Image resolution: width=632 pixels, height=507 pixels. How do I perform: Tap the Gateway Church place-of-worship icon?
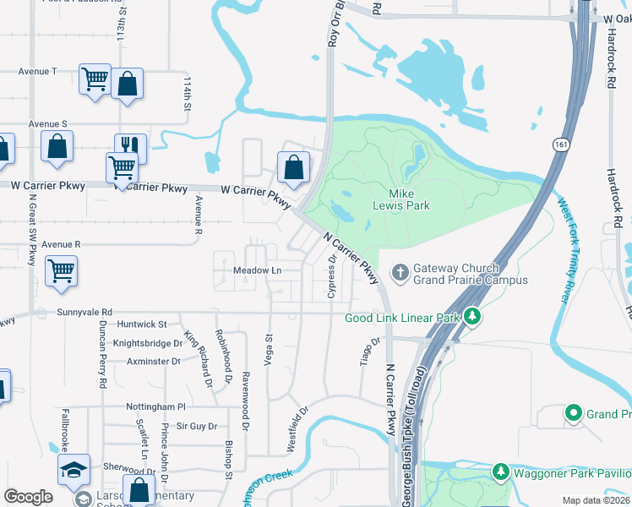pos(400,272)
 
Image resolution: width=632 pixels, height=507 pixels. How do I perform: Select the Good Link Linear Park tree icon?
pos(473,318)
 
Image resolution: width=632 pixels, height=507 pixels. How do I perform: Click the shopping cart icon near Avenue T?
pos(95,79)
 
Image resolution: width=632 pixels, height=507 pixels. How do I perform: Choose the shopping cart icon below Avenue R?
pos(62,271)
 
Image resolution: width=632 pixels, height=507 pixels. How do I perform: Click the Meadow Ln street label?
pos(257,270)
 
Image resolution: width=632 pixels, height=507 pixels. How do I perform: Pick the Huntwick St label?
pos(143,324)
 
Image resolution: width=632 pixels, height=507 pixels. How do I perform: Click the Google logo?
pos(28,497)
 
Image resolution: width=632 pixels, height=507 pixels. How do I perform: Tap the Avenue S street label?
pos(47,123)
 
